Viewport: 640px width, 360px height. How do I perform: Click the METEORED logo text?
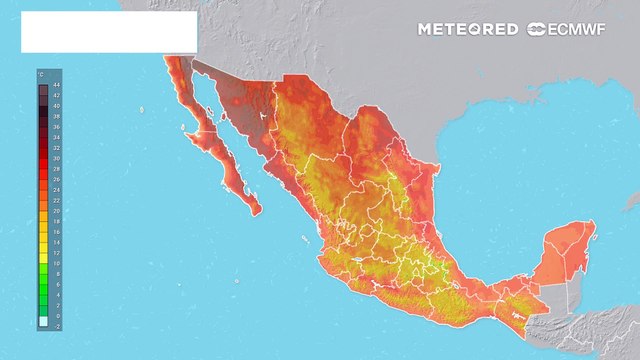pos(468,29)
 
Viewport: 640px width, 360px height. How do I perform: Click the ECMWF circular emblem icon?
pos(536,29)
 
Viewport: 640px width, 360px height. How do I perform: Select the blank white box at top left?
pos(108,32)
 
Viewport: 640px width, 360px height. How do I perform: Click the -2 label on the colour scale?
pos(55,325)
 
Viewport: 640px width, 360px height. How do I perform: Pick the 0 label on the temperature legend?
pos(55,316)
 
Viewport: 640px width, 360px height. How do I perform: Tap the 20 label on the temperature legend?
pos(55,211)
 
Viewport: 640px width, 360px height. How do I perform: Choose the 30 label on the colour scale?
pos(55,159)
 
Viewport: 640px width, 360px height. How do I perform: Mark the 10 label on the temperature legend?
pos(55,264)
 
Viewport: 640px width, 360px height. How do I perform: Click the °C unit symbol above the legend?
pos(41,75)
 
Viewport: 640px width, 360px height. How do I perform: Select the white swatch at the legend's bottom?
pos(42,322)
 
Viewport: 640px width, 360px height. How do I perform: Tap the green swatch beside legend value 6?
pos(42,284)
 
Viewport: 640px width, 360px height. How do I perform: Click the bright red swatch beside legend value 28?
pos(42,169)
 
